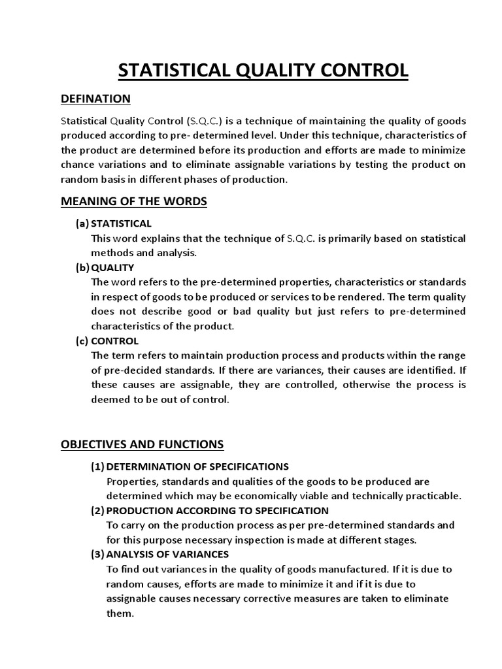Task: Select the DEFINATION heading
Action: pos(95,99)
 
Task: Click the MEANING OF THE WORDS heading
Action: pos(133,201)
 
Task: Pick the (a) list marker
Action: pos(82,223)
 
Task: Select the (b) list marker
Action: pos(83,267)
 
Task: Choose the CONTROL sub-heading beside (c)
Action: pos(115,340)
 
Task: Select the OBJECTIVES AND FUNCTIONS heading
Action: pos(142,445)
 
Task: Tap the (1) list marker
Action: pos(97,466)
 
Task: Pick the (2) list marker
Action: pos(97,510)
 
